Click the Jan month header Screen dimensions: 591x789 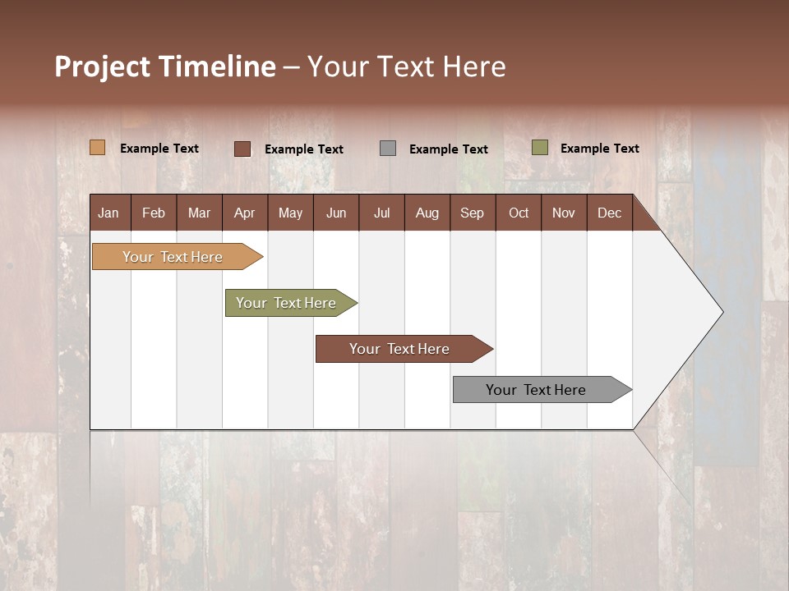108,213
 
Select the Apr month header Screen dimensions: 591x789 244,213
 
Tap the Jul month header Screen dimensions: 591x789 381,213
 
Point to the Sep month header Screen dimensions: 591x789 472,213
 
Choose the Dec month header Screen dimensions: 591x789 609,213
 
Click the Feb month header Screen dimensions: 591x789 154,213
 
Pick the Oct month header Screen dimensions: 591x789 519,213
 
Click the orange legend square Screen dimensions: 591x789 97,148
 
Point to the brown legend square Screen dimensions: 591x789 242,149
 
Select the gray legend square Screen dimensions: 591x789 387,149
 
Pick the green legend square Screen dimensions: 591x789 539,148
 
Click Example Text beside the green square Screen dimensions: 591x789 599,149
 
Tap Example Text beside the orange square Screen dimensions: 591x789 159,149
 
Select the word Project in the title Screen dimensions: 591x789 101,67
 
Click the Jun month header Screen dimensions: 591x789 336,213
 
